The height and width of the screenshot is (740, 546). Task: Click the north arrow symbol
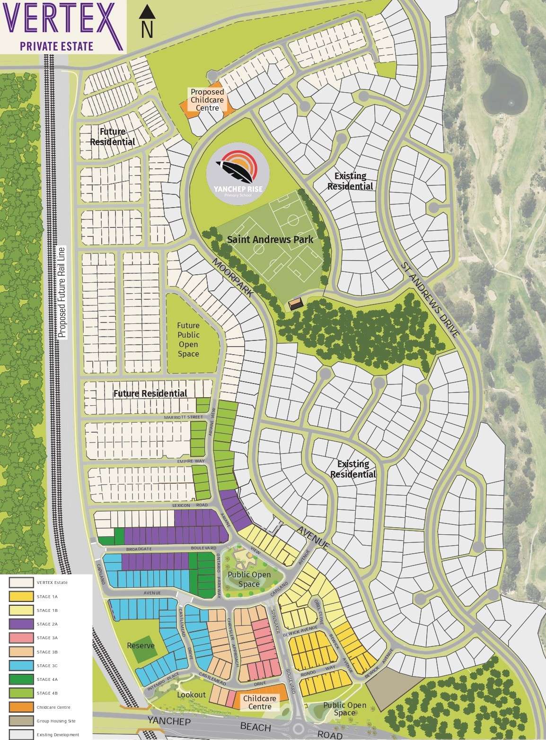(148, 22)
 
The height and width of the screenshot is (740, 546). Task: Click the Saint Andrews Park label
(270, 239)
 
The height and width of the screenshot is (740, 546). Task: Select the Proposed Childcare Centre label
(207, 100)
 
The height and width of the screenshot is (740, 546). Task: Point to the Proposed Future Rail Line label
(61, 292)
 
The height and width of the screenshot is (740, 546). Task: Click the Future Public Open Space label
(188, 340)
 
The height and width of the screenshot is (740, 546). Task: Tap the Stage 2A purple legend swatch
(21, 624)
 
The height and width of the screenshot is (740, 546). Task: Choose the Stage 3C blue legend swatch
(21, 666)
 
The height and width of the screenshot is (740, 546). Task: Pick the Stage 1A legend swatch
(21, 597)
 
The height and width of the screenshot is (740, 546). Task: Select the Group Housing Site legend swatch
(21, 721)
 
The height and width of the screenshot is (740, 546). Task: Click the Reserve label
(141, 645)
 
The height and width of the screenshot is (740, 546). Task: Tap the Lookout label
(192, 695)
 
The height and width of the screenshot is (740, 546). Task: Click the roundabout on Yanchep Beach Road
(298, 728)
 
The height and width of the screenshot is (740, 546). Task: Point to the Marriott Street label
(183, 417)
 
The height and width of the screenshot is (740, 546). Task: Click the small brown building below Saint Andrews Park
(296, 304)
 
